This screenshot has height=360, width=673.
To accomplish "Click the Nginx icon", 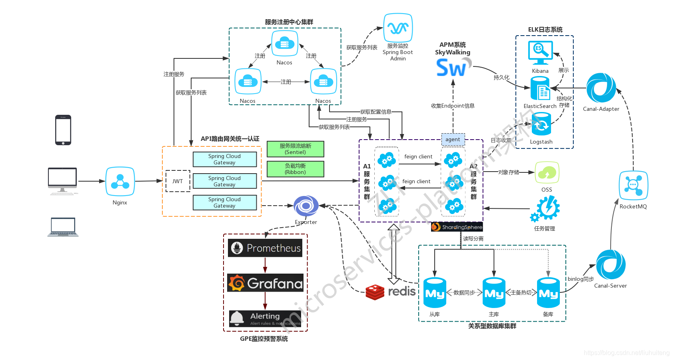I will [120, 182].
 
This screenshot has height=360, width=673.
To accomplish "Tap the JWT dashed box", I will [178, 181].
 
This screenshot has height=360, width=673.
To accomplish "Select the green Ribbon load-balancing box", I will [295, 169].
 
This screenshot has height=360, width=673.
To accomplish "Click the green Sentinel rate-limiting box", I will [295, 149].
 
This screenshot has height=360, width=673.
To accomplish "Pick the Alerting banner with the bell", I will [265, 319].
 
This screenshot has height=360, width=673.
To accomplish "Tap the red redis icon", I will [375, 292].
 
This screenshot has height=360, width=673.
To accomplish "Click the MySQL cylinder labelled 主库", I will [494, 293].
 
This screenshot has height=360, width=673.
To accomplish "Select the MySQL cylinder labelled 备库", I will [548, 293].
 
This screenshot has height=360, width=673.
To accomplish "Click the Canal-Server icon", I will [611, 265].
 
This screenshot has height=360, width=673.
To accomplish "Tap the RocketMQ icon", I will [633, 186].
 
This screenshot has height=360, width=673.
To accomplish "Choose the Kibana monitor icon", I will [540, 52].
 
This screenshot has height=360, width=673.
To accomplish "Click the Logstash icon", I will [541, 124].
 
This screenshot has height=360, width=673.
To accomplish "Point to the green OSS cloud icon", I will [547, 173].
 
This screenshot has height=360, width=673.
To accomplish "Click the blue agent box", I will [453, 139].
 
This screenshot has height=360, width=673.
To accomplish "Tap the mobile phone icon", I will [63, 130].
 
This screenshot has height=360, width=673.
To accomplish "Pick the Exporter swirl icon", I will [306, 206].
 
